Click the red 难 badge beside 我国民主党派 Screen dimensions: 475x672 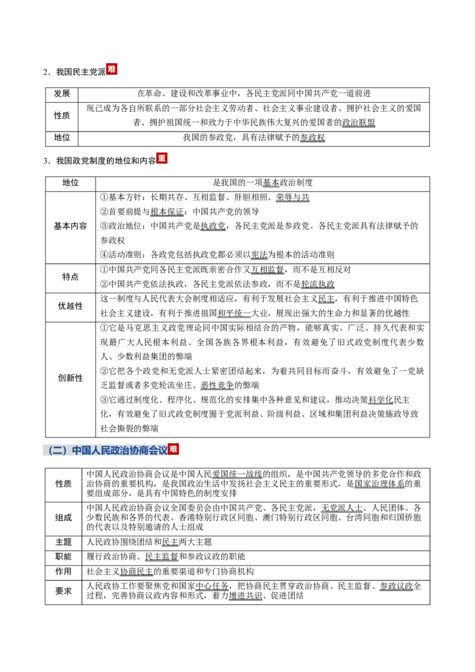click(112, 69)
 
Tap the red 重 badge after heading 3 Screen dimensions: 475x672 click(161, 158)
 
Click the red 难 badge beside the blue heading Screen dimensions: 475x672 click(173, 449)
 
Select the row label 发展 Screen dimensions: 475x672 click(62, 93)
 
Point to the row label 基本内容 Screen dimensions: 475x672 click(70, 226)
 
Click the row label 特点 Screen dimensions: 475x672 click(70, 277)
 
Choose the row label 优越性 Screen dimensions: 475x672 click(70, 306)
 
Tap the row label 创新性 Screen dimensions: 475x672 click(70, 378)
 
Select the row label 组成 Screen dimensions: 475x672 click(64, 518)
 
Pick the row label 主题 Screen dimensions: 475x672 click(64, 542)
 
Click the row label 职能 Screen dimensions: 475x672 click(64, 557)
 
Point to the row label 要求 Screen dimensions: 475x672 click(64, 591)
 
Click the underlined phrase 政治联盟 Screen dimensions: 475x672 click(359, 122)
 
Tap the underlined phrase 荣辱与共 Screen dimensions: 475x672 click(292, 197)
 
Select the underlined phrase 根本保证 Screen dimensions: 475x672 click(167, 212)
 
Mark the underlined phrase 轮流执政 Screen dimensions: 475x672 click(318, 284)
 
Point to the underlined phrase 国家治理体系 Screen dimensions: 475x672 click(379, 484)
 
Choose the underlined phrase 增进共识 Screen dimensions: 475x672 click(245, 595)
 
